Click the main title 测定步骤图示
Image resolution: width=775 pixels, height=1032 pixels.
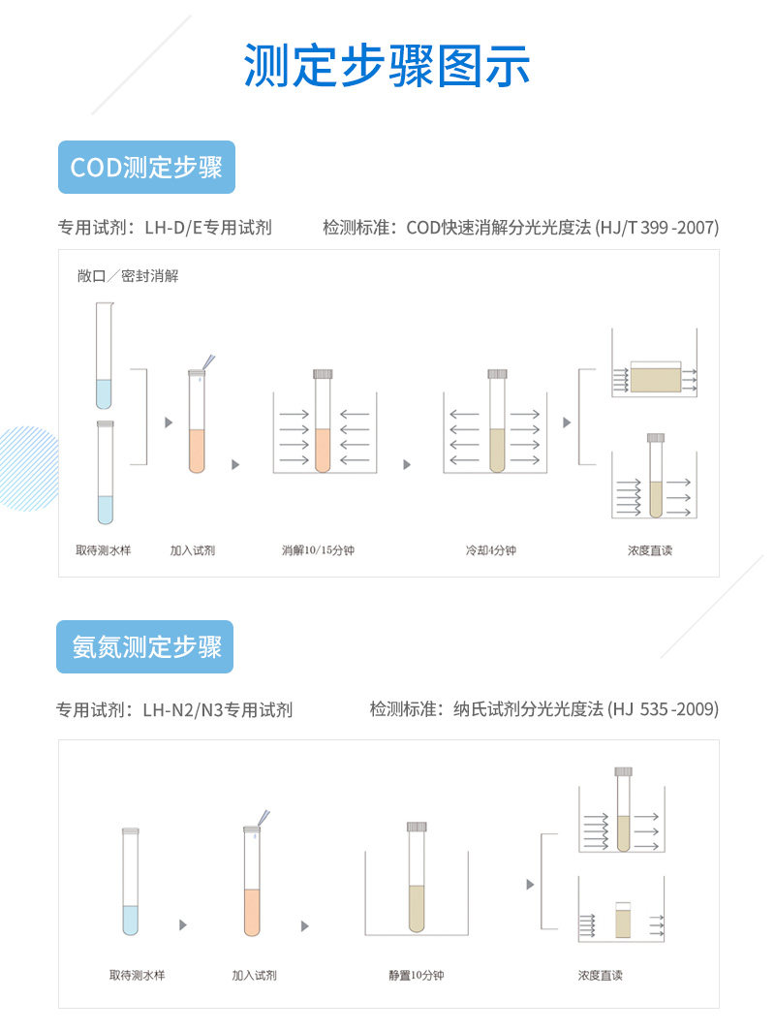(x=387, y=66)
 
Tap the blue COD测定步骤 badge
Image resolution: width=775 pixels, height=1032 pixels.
(x=146, y=167)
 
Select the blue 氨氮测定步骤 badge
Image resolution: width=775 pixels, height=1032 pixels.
(x=146, y=646)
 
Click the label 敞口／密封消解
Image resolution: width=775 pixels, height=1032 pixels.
(x=128, y=276)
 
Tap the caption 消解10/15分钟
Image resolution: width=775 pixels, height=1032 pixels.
(x=318, y=550)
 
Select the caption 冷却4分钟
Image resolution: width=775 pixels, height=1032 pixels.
(x=490, y=550)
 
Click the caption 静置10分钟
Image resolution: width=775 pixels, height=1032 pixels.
(x=417, y=975)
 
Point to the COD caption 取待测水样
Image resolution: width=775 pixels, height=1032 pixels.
(x=104, y=550)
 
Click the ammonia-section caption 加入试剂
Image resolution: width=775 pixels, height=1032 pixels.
(x=254, y=975)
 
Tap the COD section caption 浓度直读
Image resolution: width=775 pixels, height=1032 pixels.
(x=649, y=550)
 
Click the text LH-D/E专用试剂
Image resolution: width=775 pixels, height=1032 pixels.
(x=208, y=228)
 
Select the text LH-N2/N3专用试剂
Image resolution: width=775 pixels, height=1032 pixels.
(x=217, y=709)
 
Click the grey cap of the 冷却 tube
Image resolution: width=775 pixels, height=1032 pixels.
(x=497, y=374)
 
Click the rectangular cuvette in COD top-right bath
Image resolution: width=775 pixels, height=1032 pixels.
(x=656, y=376)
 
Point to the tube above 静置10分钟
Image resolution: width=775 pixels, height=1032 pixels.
(x=417, y=882)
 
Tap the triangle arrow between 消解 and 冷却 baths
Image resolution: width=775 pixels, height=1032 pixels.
(x=407, y=465)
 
